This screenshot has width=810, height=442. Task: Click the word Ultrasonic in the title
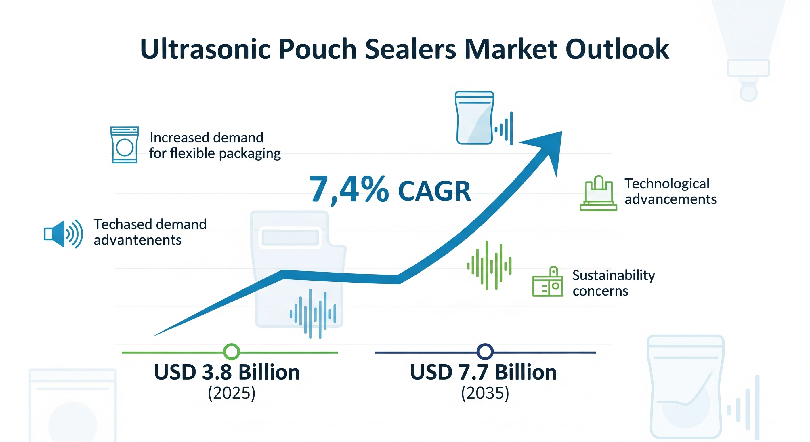(x=205, y=49)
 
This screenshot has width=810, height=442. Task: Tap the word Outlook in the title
(x=617, y=49)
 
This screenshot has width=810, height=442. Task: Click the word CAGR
(x=434, y=191)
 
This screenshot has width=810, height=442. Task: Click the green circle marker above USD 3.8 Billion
(x=232, y=352)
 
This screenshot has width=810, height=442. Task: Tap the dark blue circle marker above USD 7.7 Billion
(x=485, y=352)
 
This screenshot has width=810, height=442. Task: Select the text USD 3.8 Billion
(x=227, y=372)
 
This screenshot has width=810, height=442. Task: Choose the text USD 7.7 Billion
(x=483, y=372)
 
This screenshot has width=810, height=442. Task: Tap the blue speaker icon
(x=64, y=234)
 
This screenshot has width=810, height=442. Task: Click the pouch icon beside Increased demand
(x=125, y=145)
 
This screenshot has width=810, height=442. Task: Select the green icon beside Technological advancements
(x=598, y=193)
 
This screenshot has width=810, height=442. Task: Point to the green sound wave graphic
(x=489, y=265)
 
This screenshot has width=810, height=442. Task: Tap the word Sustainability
(x=614, y=275)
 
